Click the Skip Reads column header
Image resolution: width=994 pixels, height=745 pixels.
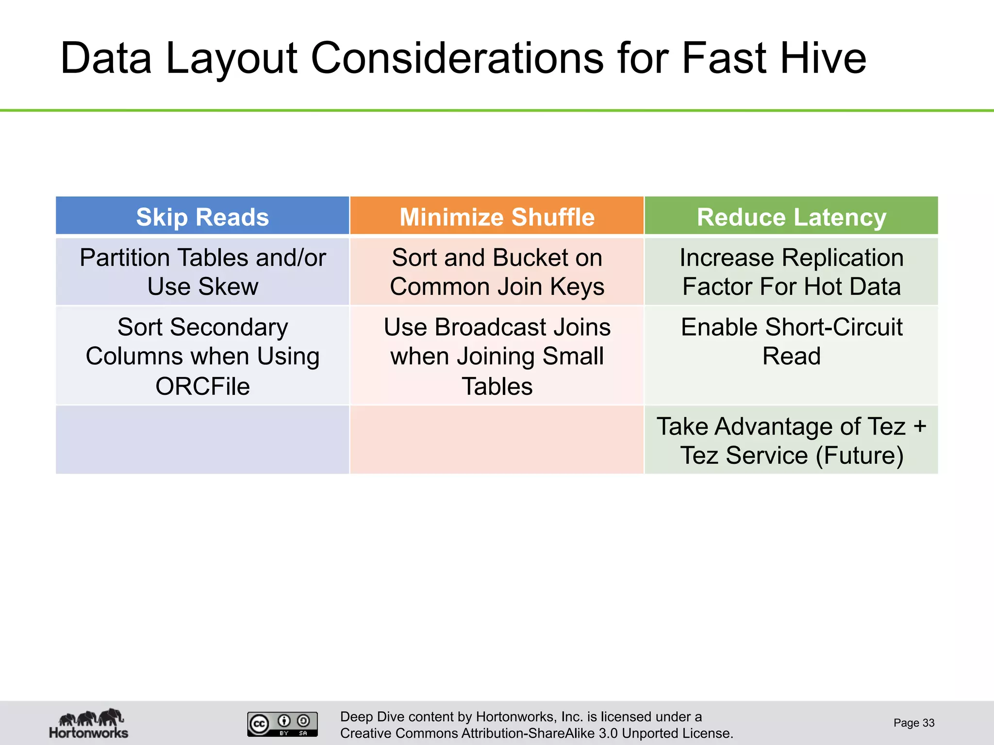pos(202,217)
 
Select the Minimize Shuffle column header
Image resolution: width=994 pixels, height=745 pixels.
pos(497,217)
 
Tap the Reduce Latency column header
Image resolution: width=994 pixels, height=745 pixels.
pos(791,217)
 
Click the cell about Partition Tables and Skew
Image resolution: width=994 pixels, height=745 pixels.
pos(202,272)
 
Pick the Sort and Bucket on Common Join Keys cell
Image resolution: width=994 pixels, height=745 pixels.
pos(497,272)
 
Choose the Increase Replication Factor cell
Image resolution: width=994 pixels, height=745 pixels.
pos(791,272)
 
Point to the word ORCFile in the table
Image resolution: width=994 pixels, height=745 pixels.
pos(202,387)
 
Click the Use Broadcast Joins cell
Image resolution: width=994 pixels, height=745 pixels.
pos(497,356)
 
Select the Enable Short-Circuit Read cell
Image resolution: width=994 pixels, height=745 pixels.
pos(791,341)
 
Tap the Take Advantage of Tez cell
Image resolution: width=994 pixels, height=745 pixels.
pos(791,440)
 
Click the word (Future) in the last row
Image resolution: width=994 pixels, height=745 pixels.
pos(860,455)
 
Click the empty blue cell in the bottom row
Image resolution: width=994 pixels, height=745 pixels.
pos(202,439)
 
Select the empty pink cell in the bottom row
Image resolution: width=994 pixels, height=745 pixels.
pos(497,439)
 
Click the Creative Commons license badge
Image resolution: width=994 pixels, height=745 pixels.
pos(282,724)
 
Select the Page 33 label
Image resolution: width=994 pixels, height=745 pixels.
pos(913,723)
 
